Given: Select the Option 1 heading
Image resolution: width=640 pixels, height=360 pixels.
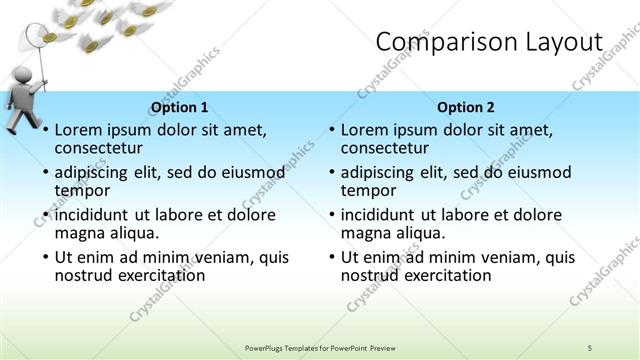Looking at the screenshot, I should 179,107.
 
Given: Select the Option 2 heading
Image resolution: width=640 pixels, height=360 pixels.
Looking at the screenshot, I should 465,107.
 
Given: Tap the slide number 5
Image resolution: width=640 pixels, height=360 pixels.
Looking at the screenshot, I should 590,346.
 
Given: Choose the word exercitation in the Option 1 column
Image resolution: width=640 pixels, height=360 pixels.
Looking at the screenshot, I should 153,275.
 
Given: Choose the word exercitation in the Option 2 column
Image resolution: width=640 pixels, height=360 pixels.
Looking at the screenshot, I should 439,275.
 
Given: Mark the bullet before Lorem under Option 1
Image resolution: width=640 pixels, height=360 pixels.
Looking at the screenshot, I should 45,130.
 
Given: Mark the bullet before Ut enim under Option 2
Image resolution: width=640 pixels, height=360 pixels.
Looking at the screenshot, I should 331,257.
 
